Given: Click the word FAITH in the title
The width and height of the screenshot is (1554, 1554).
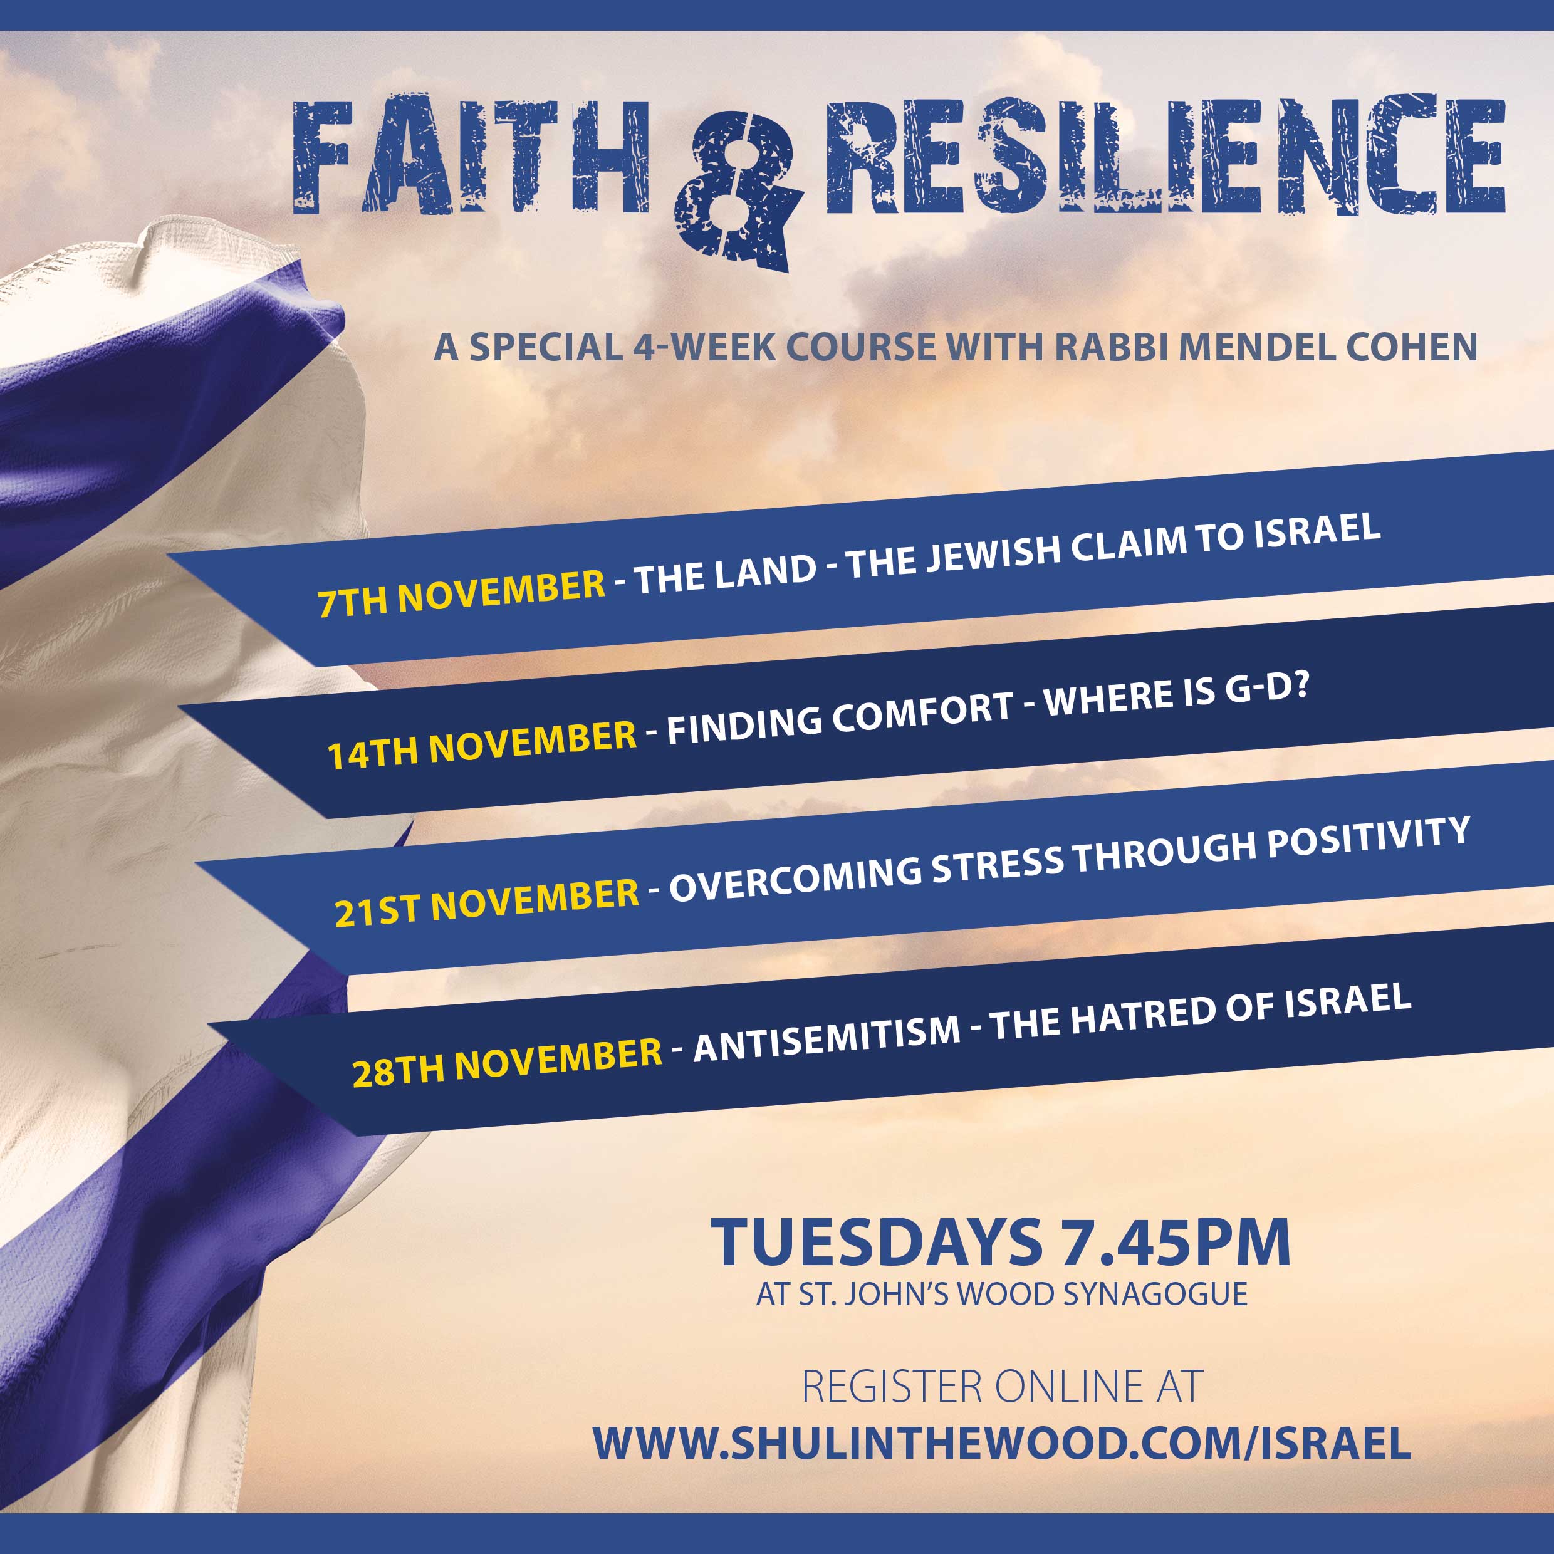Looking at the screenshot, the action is pos(471,156).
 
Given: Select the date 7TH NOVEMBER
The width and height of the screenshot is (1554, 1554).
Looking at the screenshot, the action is pos(461,593).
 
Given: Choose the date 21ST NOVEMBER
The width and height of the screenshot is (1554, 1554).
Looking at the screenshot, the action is pos(487,902).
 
